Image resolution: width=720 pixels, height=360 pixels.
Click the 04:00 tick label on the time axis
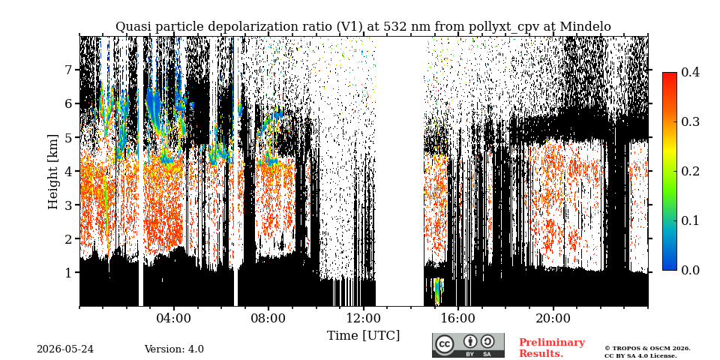point(173,318)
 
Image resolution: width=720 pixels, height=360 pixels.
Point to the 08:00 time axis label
point(268,318)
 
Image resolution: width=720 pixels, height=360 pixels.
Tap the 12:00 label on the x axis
point(363,318)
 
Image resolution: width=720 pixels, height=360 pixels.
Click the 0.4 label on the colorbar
point(690,72)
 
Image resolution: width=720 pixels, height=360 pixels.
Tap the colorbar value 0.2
point(690,171)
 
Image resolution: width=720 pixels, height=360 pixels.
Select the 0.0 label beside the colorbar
point(690,270)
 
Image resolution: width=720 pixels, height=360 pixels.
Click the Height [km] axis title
point(54,171)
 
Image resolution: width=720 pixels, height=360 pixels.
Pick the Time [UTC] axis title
point(363,336)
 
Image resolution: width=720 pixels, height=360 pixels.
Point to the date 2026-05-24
point(65,349)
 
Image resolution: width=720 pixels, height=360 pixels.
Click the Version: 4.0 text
point(174,349)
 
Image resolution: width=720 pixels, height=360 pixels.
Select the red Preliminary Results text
point(552,347)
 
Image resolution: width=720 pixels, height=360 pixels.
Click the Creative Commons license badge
point(468,345)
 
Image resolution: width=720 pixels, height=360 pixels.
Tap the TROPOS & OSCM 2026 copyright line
point(647,349)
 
